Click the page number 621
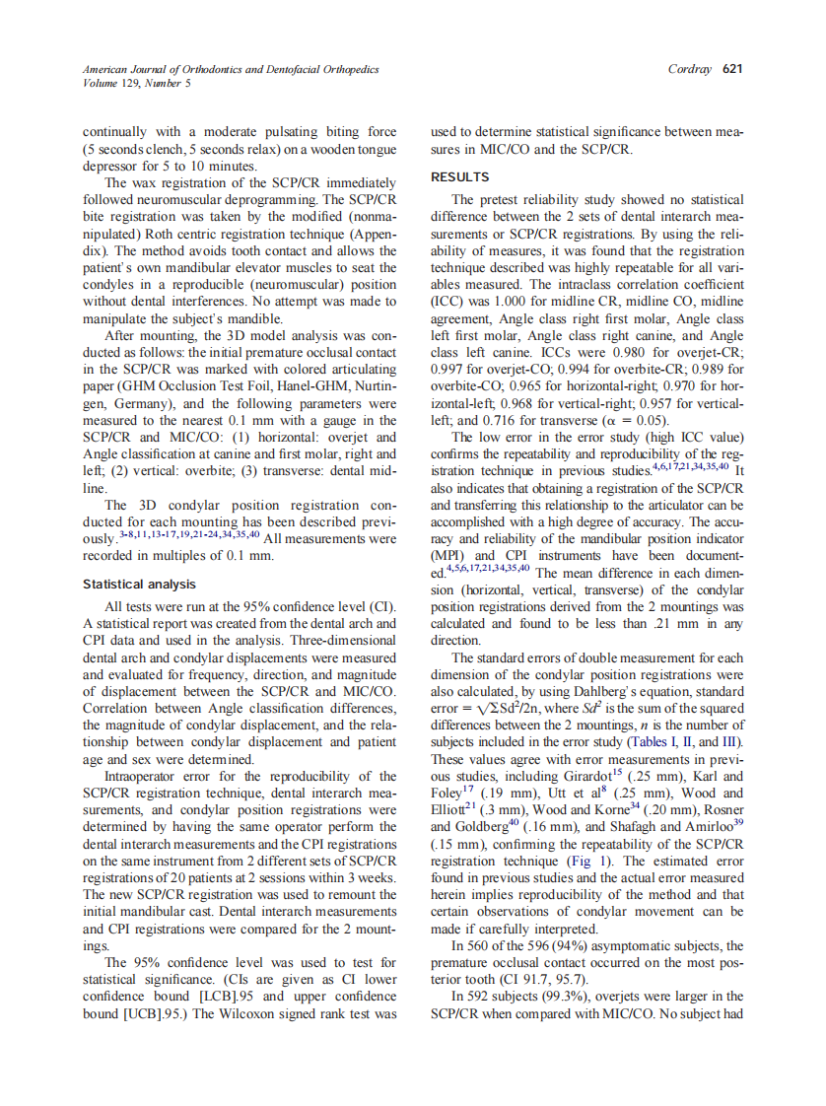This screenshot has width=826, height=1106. click(x=731, y=69)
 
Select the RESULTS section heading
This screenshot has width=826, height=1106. click(x=459, y=177)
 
